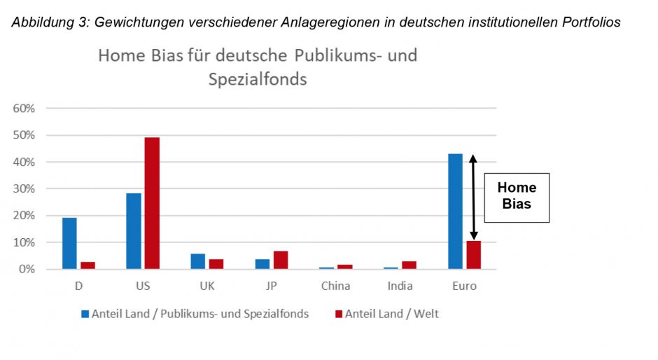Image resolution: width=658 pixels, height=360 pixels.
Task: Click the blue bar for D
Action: tap(69, 243)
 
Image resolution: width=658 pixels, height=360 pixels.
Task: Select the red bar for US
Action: tap(152, 203)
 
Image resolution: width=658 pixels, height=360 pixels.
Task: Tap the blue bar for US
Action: tap(134, 231)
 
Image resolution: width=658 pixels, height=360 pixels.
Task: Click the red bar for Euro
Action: tap(474, 255)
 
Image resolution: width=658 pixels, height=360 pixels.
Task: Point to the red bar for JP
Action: tap(281, 260)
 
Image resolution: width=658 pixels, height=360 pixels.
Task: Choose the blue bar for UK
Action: tap(198, 261)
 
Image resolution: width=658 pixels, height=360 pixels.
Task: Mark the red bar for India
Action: tap(409, 265)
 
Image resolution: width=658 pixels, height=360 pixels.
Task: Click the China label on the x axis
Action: tap(335, 286)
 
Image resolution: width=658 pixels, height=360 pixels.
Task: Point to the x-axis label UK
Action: tap(208, 286)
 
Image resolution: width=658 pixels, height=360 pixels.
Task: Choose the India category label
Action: tap(400, 286)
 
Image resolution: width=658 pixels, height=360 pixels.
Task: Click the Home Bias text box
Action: tap(517, 197)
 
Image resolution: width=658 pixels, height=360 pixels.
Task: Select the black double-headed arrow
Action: tap(473, 198)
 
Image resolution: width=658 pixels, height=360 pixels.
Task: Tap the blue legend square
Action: tap(85, 314)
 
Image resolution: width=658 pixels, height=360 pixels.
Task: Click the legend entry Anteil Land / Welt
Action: tap(391, 314)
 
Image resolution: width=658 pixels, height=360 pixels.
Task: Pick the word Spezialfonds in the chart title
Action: tap(258, 79)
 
